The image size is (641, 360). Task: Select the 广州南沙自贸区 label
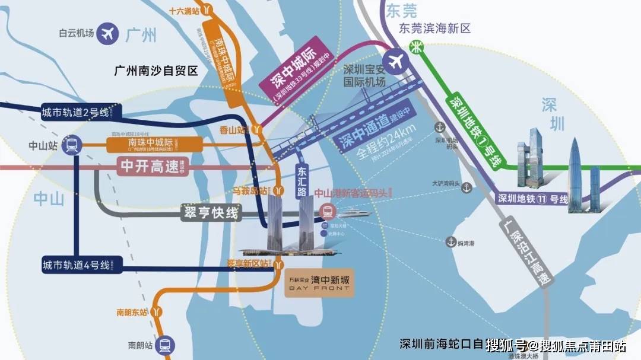[156, 71]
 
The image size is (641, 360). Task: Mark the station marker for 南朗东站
[156, 311]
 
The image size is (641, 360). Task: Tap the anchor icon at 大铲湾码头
[467, 188]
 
